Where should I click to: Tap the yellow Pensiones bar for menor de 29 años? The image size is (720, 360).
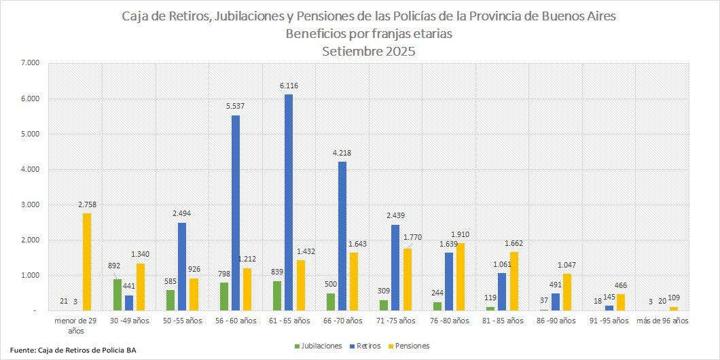(87, 262)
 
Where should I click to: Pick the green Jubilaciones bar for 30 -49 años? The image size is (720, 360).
(118, 295)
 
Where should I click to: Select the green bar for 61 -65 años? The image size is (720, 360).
(276, 295)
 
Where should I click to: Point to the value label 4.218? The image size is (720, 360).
(341, 153)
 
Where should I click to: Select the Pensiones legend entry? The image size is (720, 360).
(412, 346)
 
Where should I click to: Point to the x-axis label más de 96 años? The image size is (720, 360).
(662, 320)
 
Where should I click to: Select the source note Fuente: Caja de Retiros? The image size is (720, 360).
(73, 350)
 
